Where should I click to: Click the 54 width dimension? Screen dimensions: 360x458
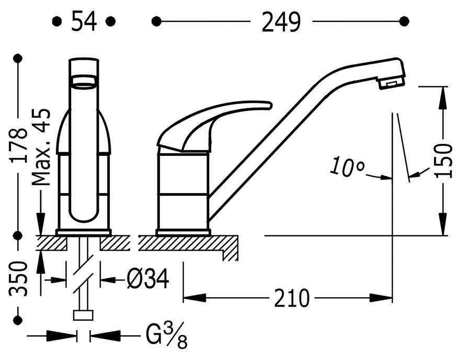pos(83,22)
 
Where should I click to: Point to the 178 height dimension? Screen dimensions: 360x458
pos(19,147)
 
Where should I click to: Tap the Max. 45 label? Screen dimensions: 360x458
pos(40,148)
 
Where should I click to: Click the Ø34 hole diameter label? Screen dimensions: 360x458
pos(148,280)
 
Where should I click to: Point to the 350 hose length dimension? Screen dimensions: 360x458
pos(19,278)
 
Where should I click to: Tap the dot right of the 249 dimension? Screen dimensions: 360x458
pos(404,21)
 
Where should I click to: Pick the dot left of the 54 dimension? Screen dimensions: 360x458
pos(56,21)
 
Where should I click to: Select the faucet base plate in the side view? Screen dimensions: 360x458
pos(183,232)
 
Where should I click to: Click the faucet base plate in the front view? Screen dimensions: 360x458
pos(83,232)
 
